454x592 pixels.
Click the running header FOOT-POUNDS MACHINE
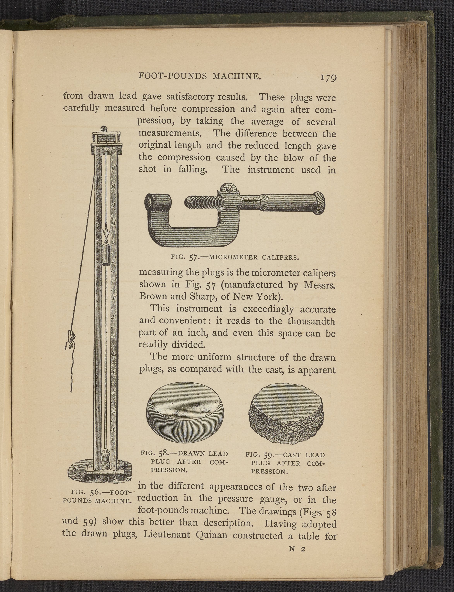(200, 76)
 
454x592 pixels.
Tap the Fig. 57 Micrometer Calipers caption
(235, 257)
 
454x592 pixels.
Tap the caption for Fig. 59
(285, 463)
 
